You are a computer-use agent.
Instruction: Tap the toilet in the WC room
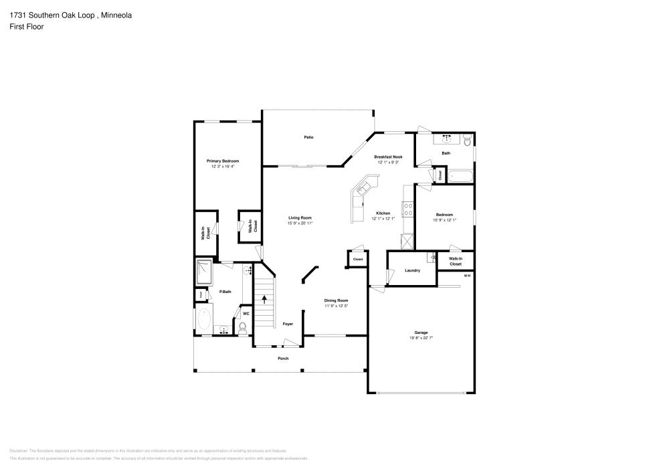(243, 328)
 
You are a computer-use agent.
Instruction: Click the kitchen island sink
(361, 189)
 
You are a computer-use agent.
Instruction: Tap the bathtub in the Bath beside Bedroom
(460, 176)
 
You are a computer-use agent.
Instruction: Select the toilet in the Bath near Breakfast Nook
(467, 139)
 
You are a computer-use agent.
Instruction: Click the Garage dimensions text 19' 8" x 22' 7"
(421, 339)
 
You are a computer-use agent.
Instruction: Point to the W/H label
(467, 275)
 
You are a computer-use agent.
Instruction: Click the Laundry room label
(412, 270)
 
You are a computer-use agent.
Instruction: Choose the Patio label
(308, 137)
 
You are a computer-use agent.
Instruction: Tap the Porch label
(283, 359)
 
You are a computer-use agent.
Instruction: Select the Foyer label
(288, 324)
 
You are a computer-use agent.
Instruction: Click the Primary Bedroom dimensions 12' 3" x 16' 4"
(222, 167)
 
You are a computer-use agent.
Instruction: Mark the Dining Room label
(336, 300)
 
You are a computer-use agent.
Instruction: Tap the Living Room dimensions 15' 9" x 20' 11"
(300, 223)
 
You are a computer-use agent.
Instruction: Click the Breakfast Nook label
(388, 156)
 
